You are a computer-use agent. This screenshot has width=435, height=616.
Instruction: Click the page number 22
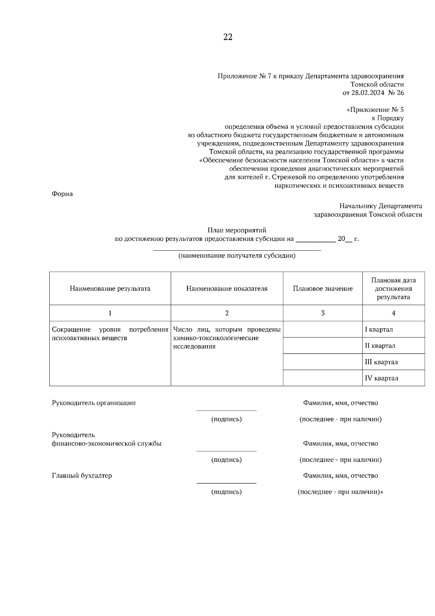[228, 37]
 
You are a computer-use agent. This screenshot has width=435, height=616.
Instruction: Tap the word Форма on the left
[62, 194]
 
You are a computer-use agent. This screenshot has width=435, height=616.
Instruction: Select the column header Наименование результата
[110, 289]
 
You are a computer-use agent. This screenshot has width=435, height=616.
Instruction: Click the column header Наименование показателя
[227, 289]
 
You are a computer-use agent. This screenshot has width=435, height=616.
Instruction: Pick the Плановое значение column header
[323, 289]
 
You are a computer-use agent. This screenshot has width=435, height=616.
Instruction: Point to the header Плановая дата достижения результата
[393, 289]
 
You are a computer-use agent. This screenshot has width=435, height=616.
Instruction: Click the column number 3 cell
[323, 313]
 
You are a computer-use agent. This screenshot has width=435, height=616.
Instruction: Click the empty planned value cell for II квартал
[323, 346]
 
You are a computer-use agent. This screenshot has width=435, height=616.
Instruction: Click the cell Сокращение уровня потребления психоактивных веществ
[110, 334]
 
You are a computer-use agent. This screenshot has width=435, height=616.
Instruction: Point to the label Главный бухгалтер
[82, 476]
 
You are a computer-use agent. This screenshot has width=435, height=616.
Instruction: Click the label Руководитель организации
[94, 403]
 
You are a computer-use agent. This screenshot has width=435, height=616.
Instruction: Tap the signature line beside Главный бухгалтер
[226, 483]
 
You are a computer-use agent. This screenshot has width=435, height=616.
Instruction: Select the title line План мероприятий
[237, 230]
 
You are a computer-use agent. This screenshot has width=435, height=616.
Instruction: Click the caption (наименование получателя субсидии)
[237, 256]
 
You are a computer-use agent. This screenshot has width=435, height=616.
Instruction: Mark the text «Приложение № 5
[375, 110]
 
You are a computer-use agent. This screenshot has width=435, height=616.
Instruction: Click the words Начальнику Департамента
[381, 206]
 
